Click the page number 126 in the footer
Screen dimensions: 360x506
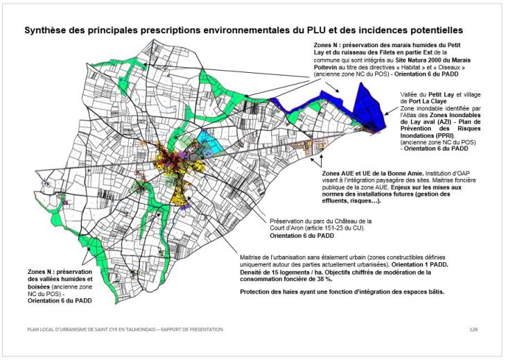click(473, 328)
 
